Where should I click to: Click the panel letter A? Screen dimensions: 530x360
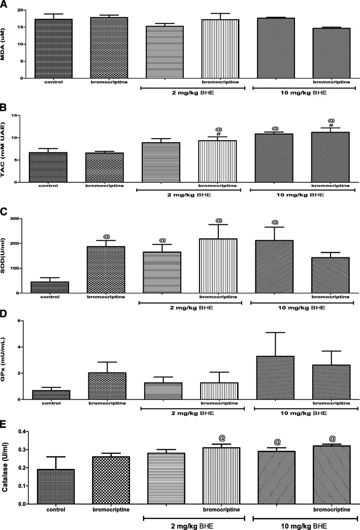point(4,4)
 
